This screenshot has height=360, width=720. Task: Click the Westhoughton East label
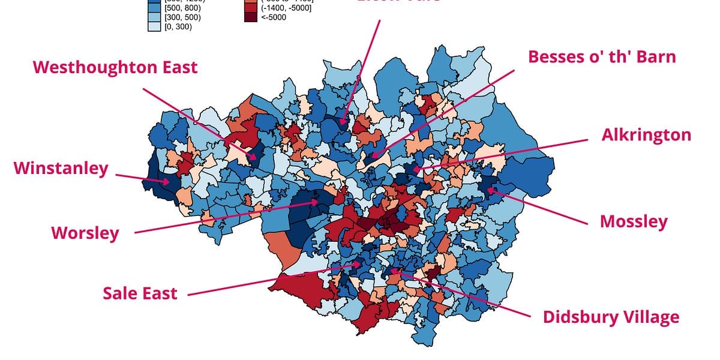pyautogui.click(x=115, y=67)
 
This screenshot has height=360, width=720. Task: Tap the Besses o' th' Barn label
pyautogui.click(x=602, y=57)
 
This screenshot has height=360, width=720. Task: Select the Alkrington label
pyautogui.click(x=646, y=135)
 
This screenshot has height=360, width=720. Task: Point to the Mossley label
pyautogui.click(x=633, y=221)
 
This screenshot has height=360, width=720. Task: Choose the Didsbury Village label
pyautogui.click(x=611, y=317)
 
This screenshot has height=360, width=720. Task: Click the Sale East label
pyautogui.click(x=140, y=293)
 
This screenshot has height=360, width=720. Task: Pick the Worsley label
pyautogui.click(x=85, y=233)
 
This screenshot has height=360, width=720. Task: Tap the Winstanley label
pyautogui.click(x=61, y=168)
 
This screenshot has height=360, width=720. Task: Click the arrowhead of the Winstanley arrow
pyautogui.click(x=170, y=181)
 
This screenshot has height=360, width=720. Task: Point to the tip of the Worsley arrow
pyautogui.click(x=319, y=202)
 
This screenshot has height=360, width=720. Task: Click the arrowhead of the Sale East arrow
pyautogui.click(x=361, y=263)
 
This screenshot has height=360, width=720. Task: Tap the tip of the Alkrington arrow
pyautogui.click(x=413, y=170)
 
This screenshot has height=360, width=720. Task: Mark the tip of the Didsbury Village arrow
pyautogui.click(x=391, y=270)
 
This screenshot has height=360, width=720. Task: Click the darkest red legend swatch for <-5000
pyautogui.click(x=250, y=17)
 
